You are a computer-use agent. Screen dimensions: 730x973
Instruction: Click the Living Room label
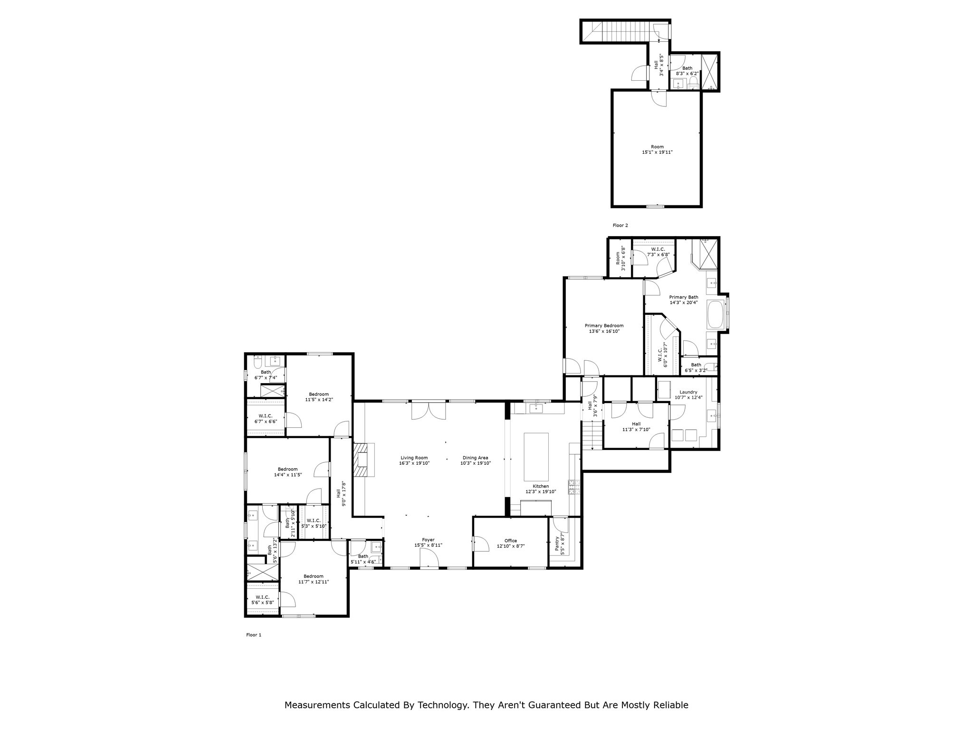pos(414,458)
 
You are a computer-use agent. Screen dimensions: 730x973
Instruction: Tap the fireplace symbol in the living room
pos(363,460)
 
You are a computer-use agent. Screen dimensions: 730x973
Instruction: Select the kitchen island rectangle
pos(536,457)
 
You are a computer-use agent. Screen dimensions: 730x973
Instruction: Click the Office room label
pos(510,541)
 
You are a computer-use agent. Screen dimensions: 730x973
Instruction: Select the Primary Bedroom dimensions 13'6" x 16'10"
pos(604,331)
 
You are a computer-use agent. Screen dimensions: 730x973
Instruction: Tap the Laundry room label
pos(688,392)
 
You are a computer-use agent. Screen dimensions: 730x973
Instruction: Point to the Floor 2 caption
pos(620,225)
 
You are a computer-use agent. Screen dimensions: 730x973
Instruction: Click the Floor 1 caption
pos(254,635)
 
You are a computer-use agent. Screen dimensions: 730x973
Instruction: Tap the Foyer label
pos(428,540)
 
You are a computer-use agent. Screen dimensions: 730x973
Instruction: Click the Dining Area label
pos(475,458)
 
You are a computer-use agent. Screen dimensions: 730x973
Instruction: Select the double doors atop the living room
pos(429,411)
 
